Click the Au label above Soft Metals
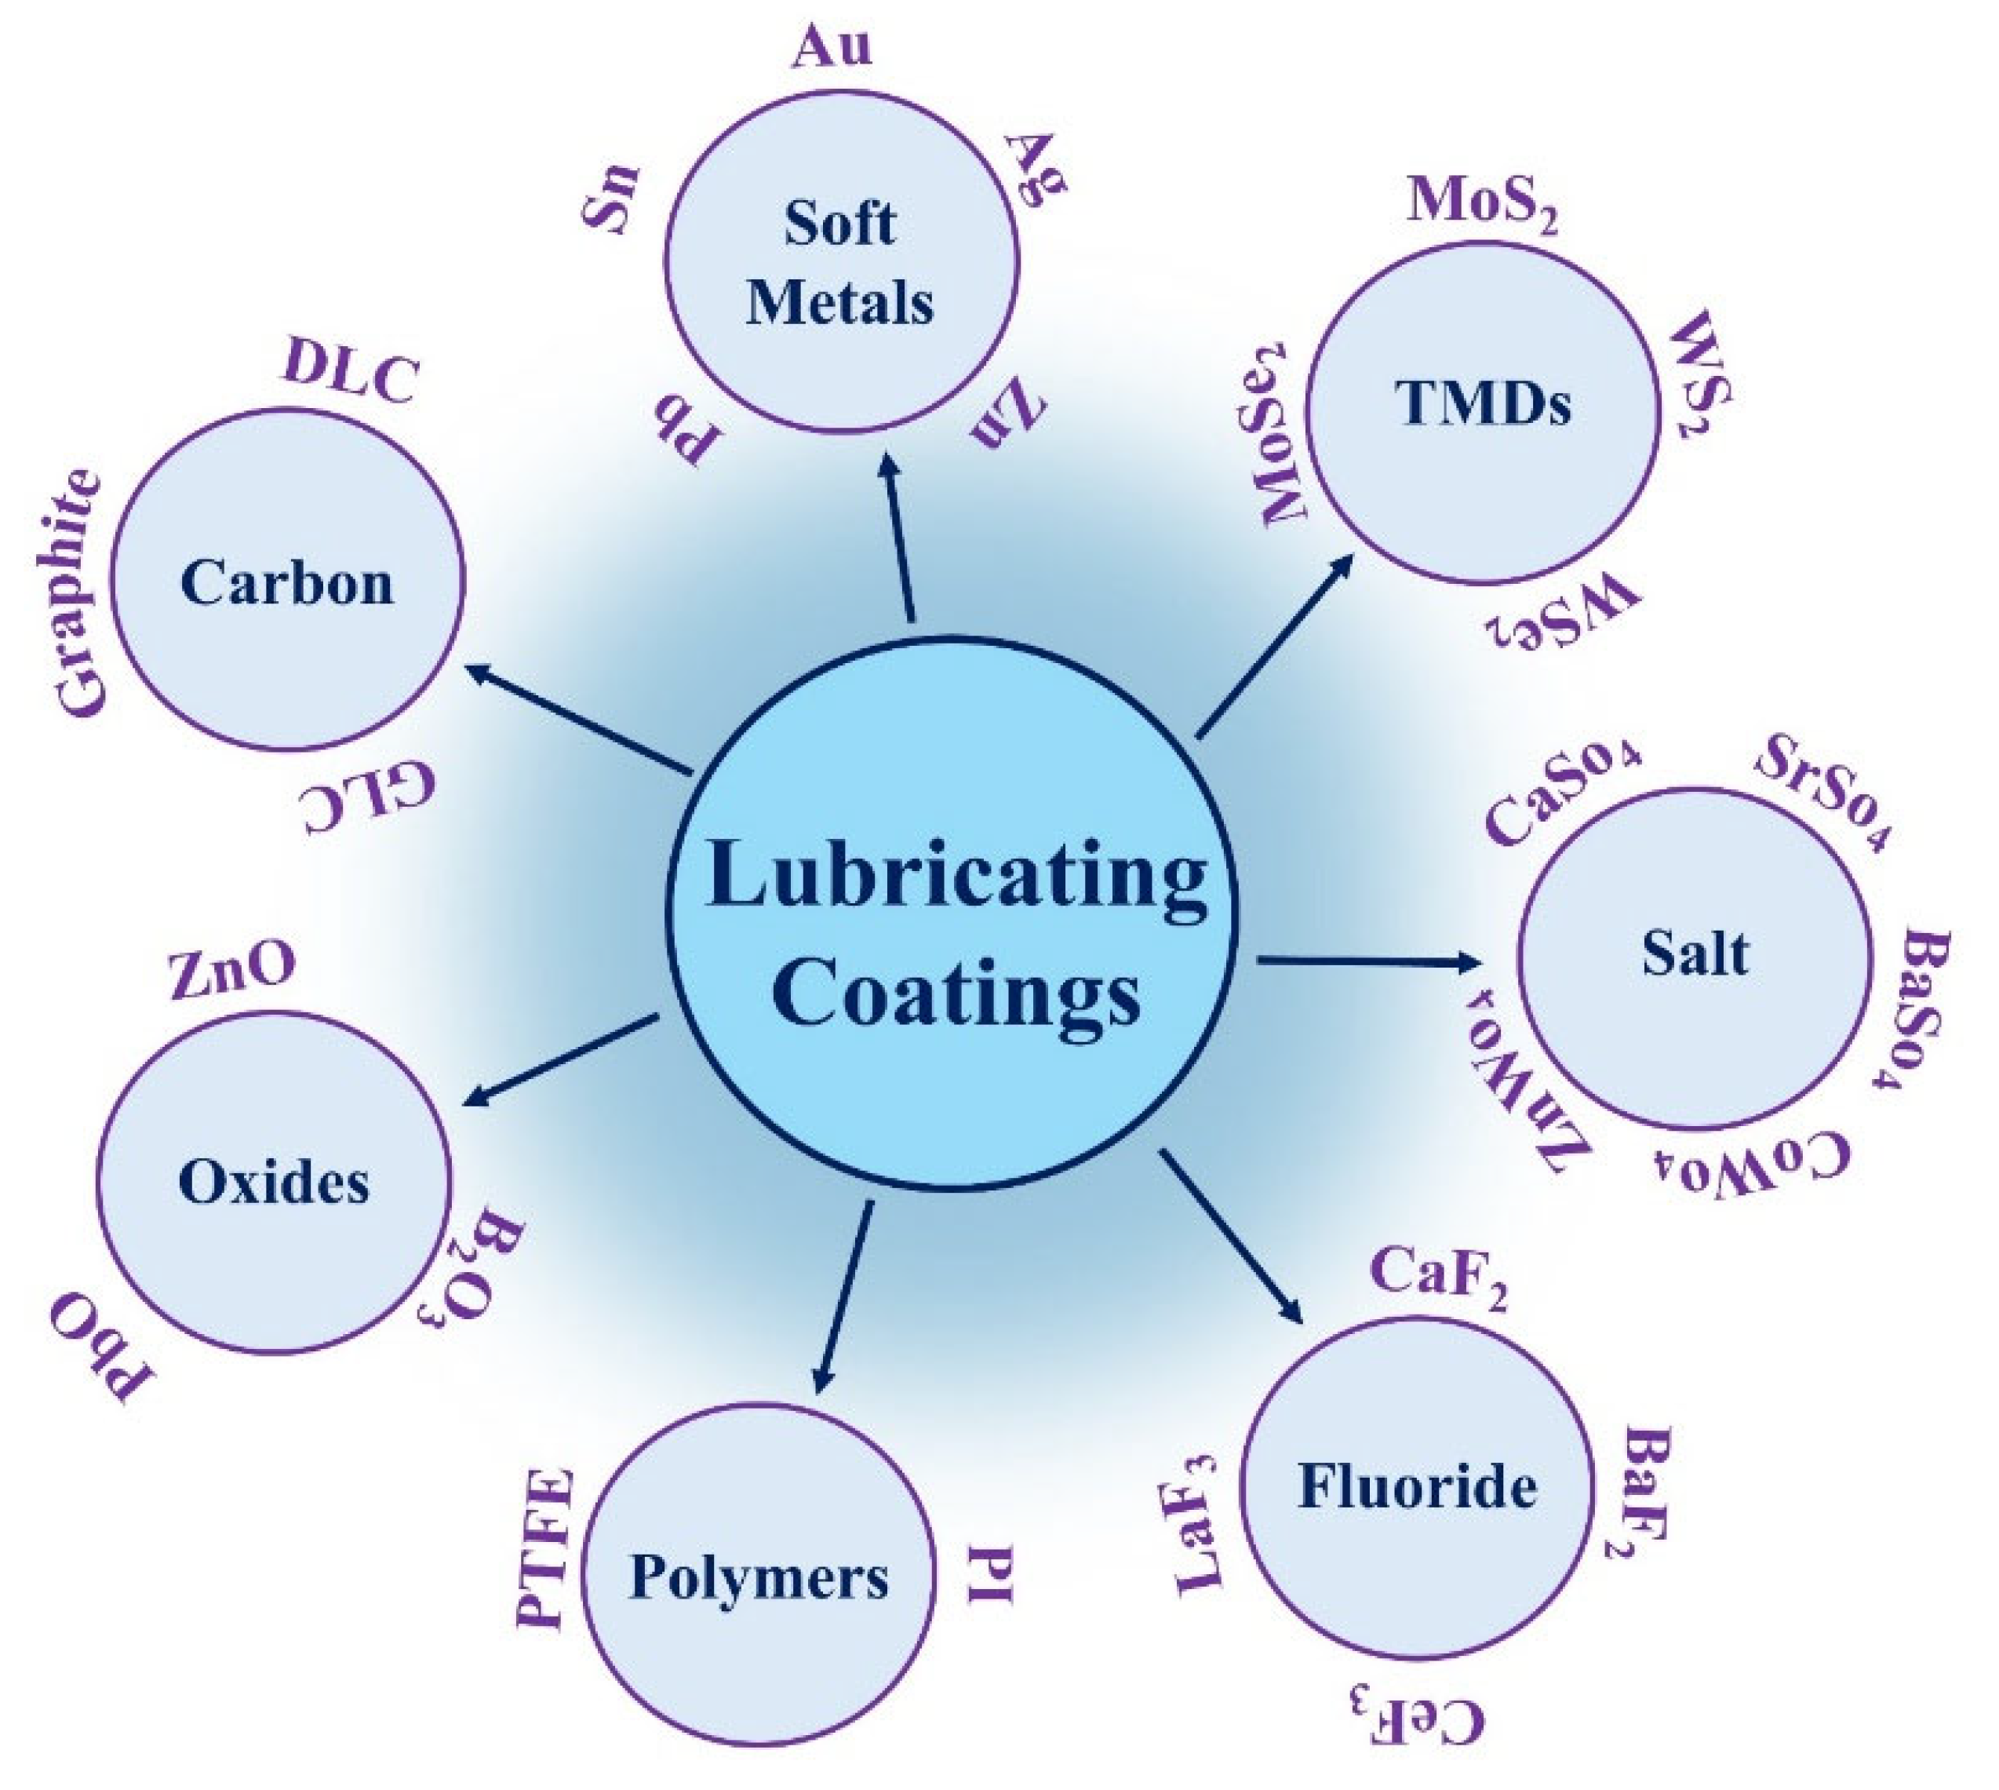coord(832,47)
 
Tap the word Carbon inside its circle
coord(287,582)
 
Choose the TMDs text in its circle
coord(1483,403)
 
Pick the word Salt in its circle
coord(1695,953)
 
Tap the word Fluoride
coord(1418,1486)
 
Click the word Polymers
coord(759,1577)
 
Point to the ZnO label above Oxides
coord(232,974)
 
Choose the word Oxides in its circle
coord(275,1181)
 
